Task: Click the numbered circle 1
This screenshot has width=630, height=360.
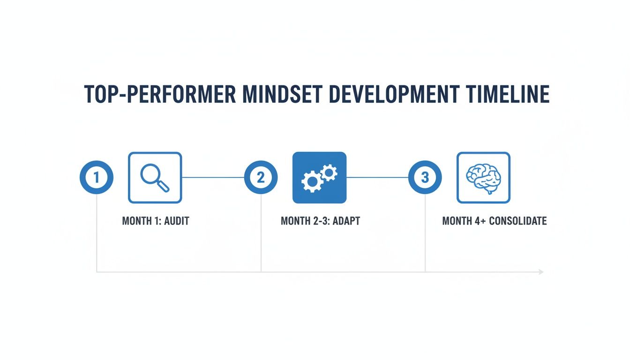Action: pos(97,177)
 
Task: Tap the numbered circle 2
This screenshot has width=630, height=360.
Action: pos(261,177)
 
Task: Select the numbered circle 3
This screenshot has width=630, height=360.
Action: pos(425,177)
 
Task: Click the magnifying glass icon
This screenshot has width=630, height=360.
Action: pos(155,178)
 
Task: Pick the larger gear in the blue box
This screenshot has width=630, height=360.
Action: pos(312,182)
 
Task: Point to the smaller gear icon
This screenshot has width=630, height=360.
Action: pos(329,172)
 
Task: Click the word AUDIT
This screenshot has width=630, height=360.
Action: pos(177,221)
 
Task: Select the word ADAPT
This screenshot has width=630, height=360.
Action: pos(346,221)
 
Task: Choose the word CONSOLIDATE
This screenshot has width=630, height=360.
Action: pos(518,221)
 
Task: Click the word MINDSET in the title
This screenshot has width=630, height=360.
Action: pos(282,94)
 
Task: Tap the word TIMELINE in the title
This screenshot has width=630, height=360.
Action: pos(508,94)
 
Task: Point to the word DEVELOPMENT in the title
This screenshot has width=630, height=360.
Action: pos(394,94)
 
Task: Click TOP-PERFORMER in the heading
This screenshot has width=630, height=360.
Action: pos(160,94)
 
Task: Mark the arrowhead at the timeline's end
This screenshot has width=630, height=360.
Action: pos(541,272)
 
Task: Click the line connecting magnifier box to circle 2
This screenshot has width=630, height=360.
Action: pos(213,178)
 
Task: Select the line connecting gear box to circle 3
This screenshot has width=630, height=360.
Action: pos(377,178)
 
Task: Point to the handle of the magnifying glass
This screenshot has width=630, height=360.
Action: pos(164,187)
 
